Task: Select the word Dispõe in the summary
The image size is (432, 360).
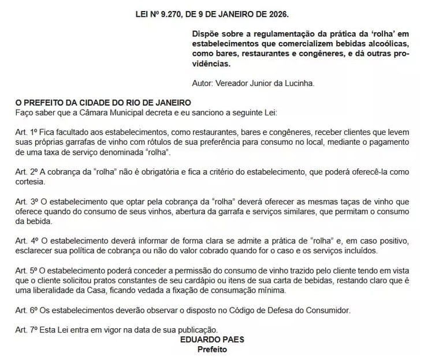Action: [x=207, y=34]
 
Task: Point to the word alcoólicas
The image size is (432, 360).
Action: [x=388, y=44]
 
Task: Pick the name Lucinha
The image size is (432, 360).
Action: [x=297, y=83]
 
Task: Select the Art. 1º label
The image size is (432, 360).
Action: [x=27, y=132]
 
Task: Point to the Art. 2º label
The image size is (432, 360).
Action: [x=27, y=172]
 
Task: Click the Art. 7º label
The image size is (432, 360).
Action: [x=27, y=330]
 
